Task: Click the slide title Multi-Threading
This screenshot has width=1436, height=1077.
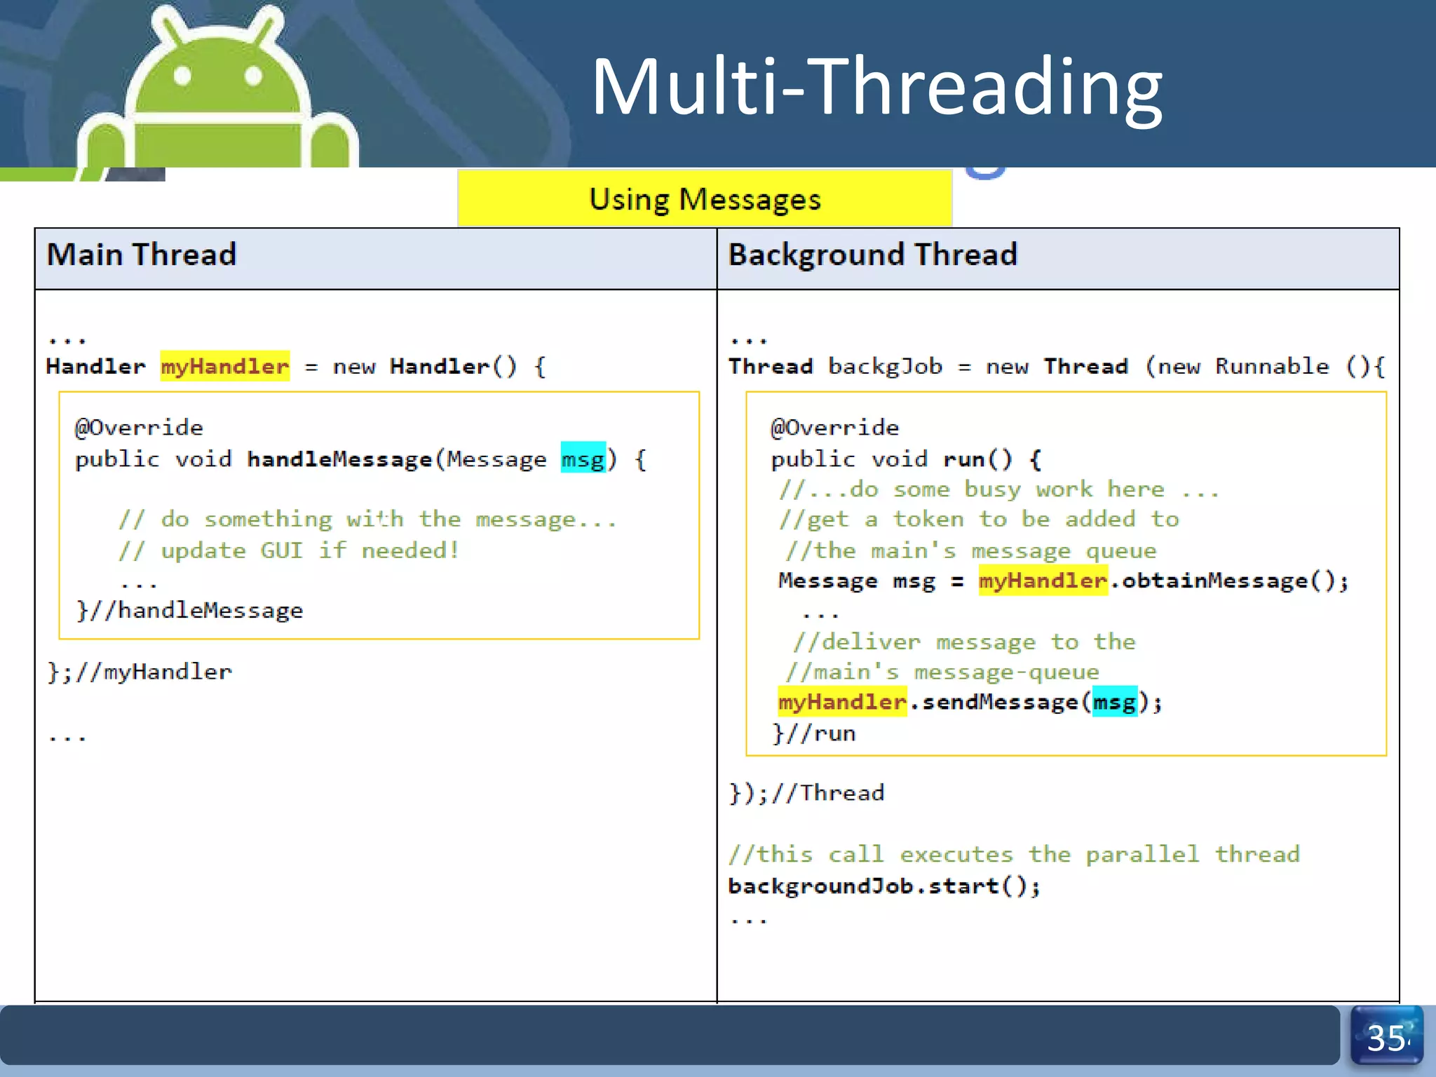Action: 876,88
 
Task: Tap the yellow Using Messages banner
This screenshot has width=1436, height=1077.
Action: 705,199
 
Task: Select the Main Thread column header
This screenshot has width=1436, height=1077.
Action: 141,255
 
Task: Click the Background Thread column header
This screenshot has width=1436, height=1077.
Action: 872,255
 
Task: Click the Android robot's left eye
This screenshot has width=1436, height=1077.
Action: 182,76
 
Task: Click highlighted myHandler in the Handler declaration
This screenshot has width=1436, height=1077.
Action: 224,366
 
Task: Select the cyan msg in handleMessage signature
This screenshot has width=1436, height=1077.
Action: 583,459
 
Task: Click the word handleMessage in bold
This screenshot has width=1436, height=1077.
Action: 339,459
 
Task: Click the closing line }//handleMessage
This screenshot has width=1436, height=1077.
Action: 189,611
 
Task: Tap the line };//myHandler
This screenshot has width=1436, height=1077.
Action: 139,672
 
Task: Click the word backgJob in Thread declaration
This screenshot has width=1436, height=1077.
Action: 885,366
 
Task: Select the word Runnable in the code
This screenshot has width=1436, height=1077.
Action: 1271,366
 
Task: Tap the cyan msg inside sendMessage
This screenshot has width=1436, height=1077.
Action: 1114,702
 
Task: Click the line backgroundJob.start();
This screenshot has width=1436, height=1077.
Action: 883,886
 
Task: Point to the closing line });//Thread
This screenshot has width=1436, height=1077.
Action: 806,793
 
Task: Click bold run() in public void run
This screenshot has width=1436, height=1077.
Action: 977,459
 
